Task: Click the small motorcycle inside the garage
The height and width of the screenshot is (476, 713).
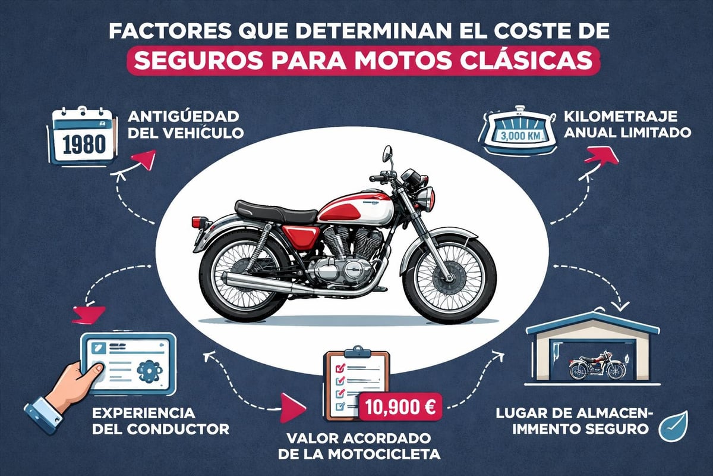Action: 597,366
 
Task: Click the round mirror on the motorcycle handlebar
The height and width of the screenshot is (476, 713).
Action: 387,154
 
